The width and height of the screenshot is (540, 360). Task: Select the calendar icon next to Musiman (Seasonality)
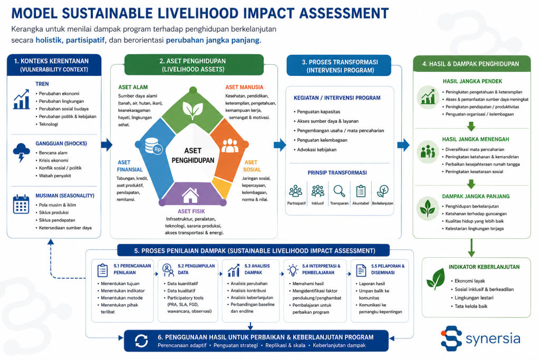[x=21, y=204]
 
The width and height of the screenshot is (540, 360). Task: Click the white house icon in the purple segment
[x=190, y=196]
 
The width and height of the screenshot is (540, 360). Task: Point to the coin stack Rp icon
[x=153, y=147]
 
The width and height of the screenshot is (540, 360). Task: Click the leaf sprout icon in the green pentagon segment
[x=192, y=110]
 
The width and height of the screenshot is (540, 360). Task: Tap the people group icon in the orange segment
[x=230, y=145]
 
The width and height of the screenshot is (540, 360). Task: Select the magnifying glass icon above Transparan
[x=339, y=191]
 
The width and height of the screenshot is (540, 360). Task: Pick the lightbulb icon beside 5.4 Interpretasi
[x=293, y=270]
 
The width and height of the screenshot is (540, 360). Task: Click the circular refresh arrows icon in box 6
[x=141, y=340]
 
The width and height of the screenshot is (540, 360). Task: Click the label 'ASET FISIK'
[x=191, y=211]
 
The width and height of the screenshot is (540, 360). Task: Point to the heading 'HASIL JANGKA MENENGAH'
[x=476, y=139]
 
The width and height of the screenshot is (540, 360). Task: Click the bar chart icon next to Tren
[x=21, y=99]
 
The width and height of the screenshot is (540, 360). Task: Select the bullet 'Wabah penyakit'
[x=55, y=176]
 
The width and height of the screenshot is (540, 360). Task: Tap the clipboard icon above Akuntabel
[x=361, y=191]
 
